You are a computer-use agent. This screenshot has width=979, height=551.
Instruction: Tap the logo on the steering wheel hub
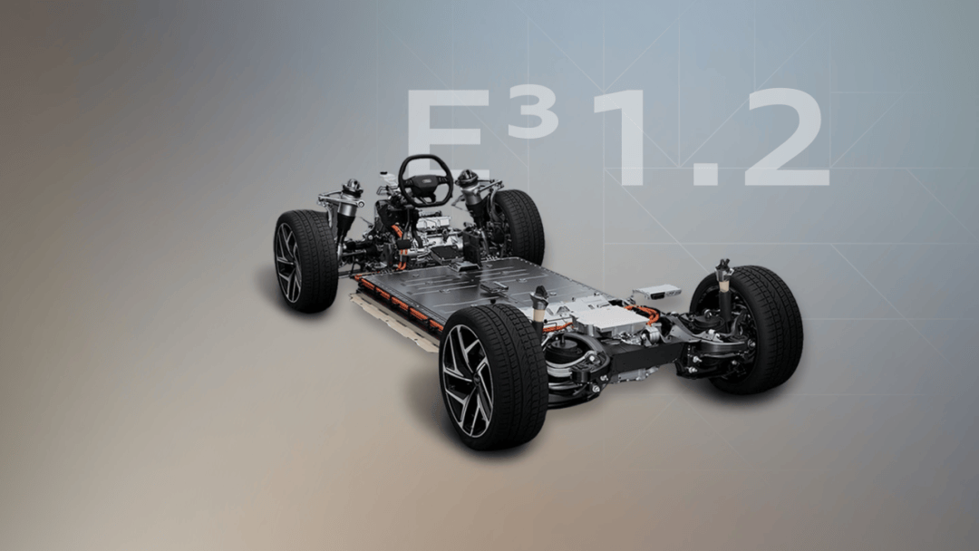coord(426,181)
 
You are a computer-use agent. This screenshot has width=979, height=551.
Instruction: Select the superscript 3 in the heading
coord(533,114)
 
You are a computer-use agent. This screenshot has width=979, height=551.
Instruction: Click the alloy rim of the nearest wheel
coord(467,381)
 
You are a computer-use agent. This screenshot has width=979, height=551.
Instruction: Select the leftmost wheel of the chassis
coord(305,260)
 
